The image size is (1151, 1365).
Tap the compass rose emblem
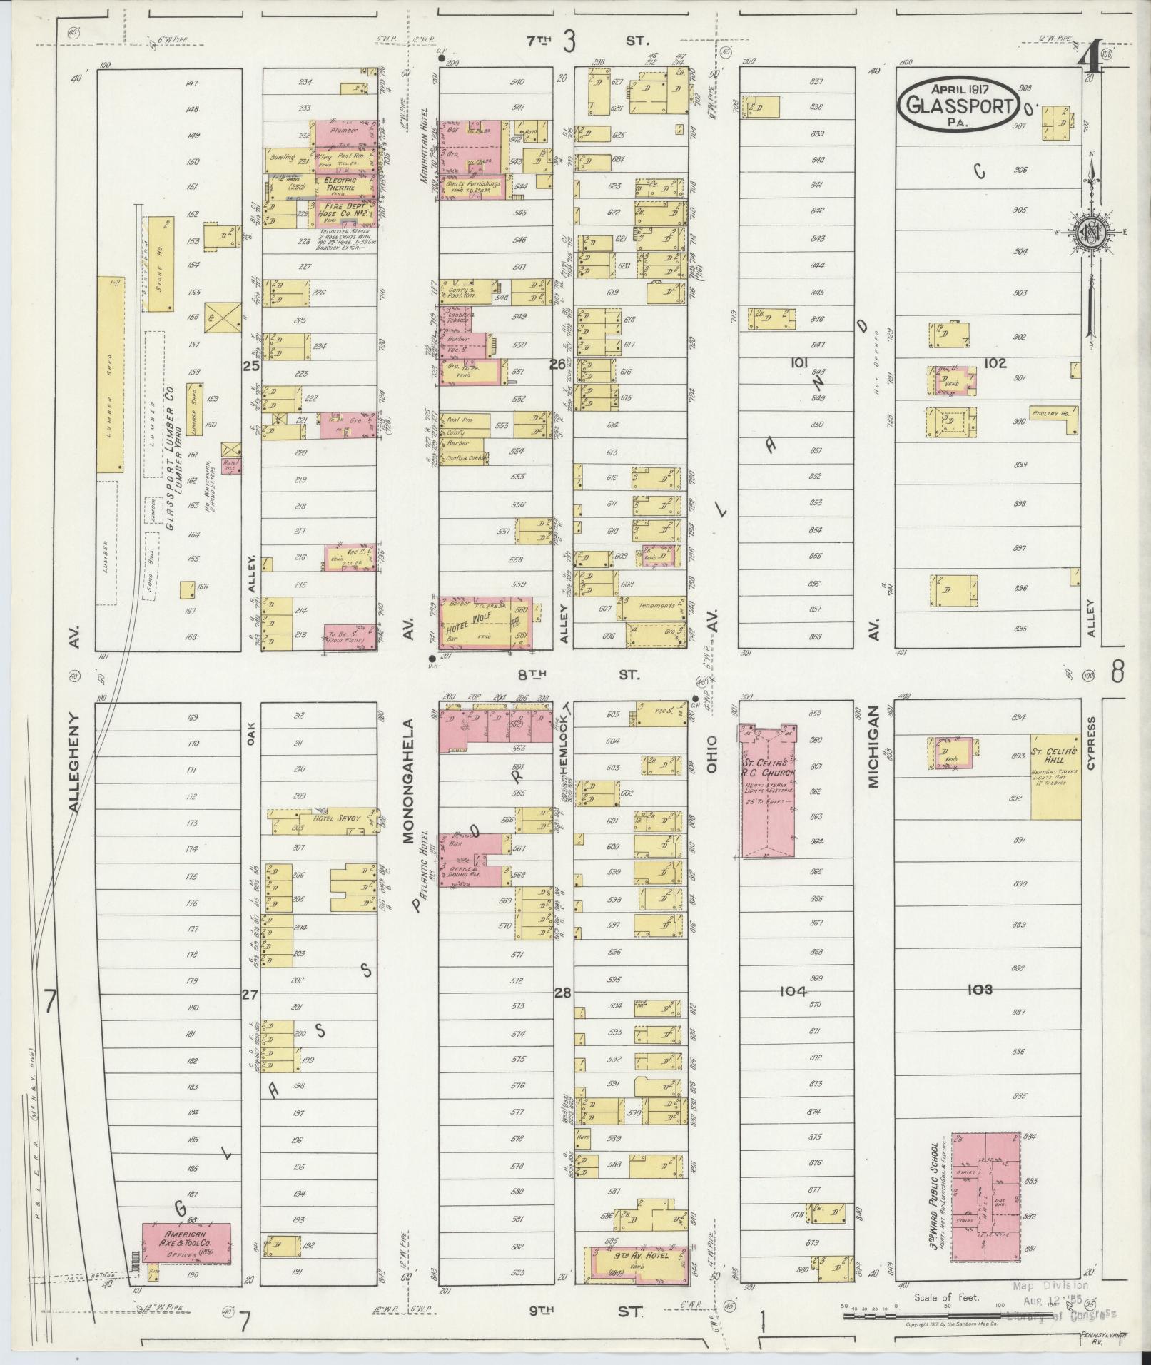(x=1090, y=233)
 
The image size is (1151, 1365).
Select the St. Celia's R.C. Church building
(x=767, y=788)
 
